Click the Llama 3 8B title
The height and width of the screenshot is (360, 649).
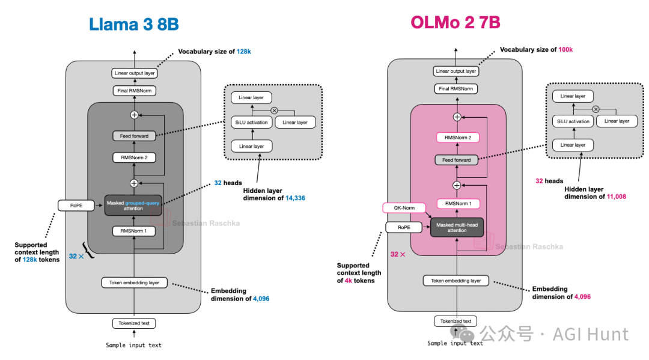click(133, 24)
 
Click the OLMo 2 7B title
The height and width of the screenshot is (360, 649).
click(456, 23)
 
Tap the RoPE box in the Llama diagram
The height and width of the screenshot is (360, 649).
click(76, 206)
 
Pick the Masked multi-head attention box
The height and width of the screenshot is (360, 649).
click(457, 227)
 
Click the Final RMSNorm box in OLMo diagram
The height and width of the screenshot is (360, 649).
click(456, 89)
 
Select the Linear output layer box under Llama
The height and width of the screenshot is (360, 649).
click(133, 73)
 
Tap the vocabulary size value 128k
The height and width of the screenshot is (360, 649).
click(243, 52)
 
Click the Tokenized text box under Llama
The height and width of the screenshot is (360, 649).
click(133, 323)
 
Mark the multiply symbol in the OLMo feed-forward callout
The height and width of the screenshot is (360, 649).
click(596, 109)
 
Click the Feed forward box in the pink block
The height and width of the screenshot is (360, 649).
click(456, 160)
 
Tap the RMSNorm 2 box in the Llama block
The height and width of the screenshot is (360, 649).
click(133, 158)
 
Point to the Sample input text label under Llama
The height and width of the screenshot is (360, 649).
click(133, 345)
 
